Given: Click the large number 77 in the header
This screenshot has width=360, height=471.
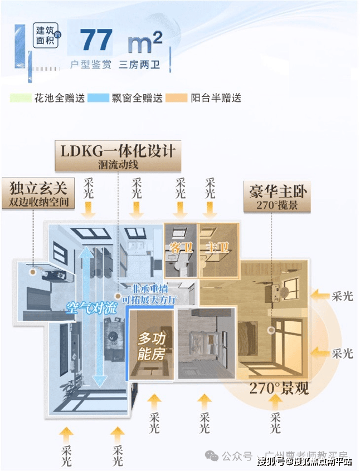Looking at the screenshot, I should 96,41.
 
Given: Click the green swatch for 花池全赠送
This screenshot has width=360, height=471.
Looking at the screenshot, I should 20,98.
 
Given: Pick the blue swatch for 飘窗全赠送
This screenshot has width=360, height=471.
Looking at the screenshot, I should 99,98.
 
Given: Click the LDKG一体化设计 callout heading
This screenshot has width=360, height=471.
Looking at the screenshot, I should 118,150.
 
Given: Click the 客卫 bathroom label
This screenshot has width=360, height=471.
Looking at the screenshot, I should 181,248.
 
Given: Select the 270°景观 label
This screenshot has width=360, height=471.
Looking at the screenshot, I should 278,389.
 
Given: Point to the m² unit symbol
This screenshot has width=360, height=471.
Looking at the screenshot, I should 144,41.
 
